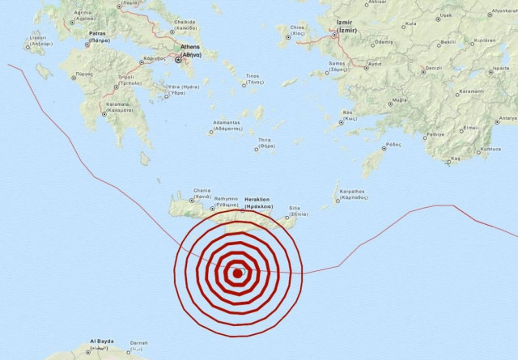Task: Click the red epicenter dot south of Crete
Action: (237, 273)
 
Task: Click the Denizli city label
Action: (433, 68)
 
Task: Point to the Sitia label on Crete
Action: (298, 210)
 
